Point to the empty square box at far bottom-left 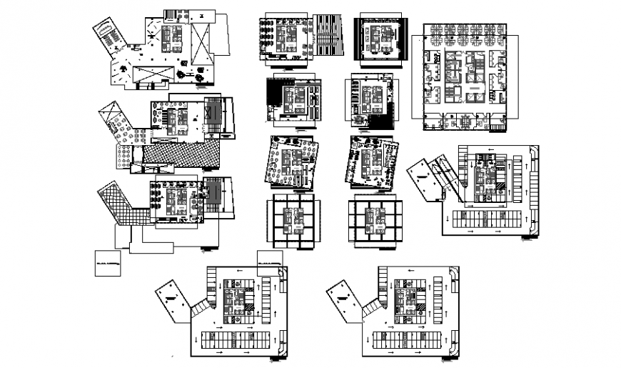tap(107, 265)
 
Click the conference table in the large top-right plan tap(473, 91)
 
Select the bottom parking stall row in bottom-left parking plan tap(233, 337)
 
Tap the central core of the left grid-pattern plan tap(293, 220)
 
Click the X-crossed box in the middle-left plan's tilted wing tap(111, 114)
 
